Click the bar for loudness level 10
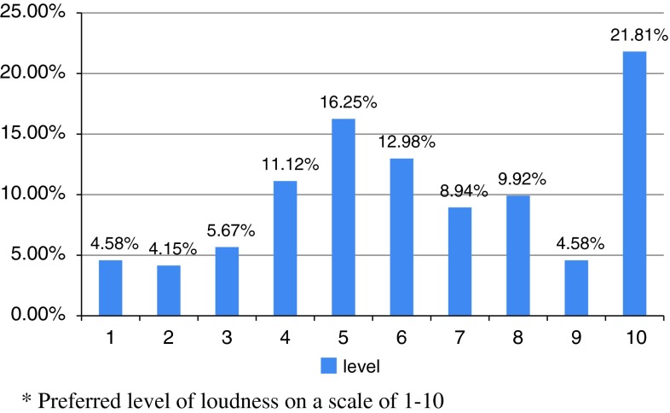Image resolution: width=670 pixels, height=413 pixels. click(x=634, y=183)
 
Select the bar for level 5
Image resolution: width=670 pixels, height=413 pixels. click(x=343, y=217)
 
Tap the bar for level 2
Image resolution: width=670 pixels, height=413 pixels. click(x=168, y=290)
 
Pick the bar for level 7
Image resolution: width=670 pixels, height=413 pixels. click(x=459, y=261)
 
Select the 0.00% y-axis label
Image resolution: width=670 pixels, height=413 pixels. click(x=38, y=315)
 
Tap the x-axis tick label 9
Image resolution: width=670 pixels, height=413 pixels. click(x=575, y=337)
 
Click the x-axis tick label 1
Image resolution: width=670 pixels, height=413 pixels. click(x=111, y=337)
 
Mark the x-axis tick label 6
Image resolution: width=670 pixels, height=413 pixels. click(x=401, y=337)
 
